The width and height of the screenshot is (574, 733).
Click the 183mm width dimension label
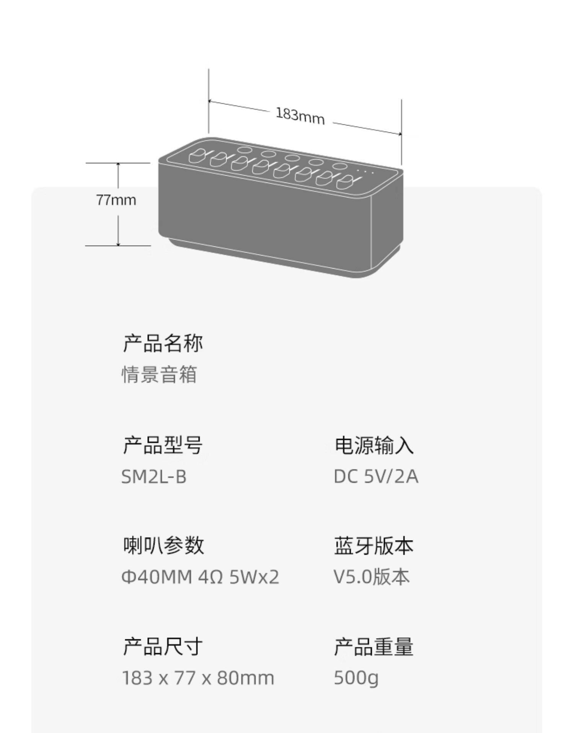click(300, 114)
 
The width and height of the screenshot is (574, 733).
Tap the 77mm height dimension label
click(116, 200)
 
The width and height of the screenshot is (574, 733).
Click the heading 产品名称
click(163, 343)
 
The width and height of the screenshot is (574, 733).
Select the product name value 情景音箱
click(159, 374)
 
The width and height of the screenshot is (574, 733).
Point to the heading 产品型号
click(163, 445)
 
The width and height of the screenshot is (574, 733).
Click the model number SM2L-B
click(154, 477)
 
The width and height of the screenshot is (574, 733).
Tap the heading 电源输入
click(374, 446)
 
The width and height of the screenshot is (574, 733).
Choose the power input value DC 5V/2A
click(376, 477)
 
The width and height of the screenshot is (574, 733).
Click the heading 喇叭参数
click(163, 545)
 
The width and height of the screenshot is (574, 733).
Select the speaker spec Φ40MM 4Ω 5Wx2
click(200, 577)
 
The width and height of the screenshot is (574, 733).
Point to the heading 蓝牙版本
click(374, 545)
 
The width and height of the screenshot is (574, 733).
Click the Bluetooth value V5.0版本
click(372, 577)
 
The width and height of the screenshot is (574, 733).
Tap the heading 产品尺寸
click(163, 647)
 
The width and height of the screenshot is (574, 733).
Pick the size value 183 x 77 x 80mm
click(198, 678)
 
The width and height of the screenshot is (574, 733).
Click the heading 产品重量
click(374, 647)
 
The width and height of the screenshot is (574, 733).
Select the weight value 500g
click(356, 678)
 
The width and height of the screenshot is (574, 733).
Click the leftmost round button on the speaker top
click(244, 150)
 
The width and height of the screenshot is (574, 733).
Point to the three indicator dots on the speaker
click(365, 171)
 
